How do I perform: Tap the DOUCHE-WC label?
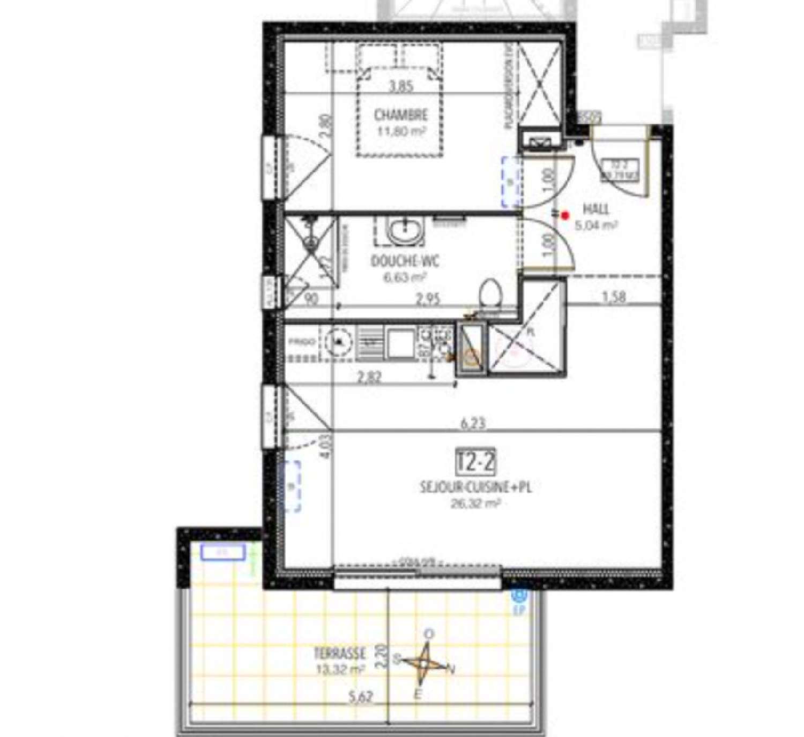(405, 261)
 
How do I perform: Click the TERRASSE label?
(340, 653)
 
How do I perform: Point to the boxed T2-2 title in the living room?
(475, 462)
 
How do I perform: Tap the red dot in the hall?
(565, 215)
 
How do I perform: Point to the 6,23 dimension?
(473, 423)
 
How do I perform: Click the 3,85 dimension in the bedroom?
(400, 86)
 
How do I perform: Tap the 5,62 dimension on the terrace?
(360, 697)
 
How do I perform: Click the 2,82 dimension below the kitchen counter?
(369, 377)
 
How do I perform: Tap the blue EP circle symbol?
(519, 595)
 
